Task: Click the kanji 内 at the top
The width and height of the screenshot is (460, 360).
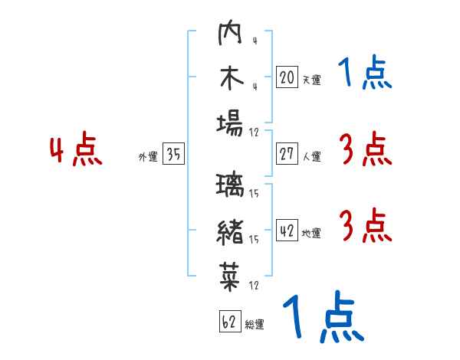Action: point(230,32)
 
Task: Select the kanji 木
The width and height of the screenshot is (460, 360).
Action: point(232,78)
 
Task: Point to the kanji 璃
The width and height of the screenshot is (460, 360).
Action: point(230,184)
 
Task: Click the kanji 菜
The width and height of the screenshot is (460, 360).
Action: point(230,277)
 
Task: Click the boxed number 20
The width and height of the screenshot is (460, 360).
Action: point(287,77)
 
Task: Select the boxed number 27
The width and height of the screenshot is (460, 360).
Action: point(287,153)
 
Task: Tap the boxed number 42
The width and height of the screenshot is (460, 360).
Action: point(287,230)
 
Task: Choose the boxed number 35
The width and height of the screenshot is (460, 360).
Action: point(173,153)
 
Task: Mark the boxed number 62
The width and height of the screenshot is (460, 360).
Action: point(230,321)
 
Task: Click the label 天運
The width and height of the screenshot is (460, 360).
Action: point(311,80)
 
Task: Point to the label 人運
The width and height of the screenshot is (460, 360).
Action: point(311,156)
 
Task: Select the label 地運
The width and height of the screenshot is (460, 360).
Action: point(311,234)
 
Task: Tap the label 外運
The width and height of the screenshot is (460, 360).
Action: point(148,157)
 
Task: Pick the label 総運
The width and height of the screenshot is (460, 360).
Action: point(255,325)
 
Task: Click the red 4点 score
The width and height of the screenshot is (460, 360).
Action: point(76,149)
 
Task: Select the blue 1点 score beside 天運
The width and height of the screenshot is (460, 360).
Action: point(365,72)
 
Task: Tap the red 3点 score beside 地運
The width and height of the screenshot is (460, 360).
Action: point(366,225)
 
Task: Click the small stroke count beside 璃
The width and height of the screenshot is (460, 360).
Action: point(254,193)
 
